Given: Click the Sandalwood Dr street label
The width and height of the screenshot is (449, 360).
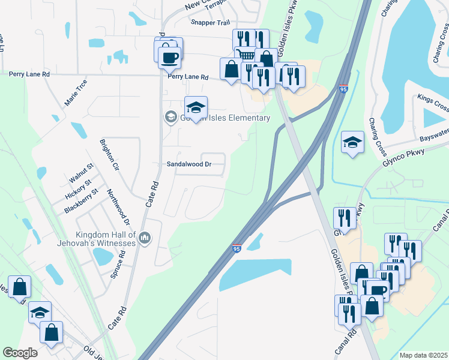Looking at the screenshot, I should (x=189, y=164).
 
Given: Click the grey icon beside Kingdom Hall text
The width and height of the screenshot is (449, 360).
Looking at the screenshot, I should (x=144, y=239).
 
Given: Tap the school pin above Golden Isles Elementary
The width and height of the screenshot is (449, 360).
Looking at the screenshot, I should (x=196, y=108).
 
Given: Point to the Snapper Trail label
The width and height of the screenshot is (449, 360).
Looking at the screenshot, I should (x=210, y=22).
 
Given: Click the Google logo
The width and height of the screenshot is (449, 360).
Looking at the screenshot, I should (x=20, y=353).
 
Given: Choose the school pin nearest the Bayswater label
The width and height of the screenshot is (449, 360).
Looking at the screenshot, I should (x=352, y=143).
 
